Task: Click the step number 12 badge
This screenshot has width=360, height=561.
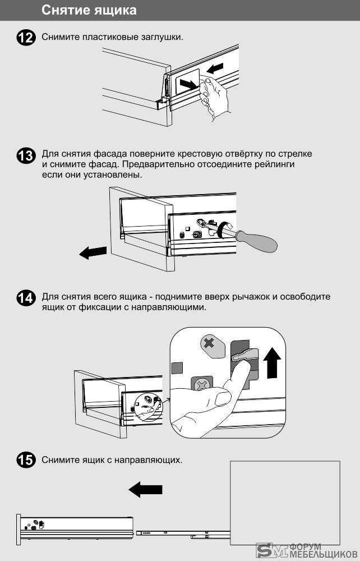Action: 26,38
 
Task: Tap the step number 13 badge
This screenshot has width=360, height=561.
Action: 26,156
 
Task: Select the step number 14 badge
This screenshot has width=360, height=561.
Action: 26,298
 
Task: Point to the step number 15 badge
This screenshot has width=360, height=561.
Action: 26,460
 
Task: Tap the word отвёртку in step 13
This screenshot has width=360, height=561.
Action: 244,154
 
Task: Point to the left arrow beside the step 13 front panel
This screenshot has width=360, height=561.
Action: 93,252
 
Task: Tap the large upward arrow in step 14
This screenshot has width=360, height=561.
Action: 273,363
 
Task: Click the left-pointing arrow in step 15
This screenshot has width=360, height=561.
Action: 145,489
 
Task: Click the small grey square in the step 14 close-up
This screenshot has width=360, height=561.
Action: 177,368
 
